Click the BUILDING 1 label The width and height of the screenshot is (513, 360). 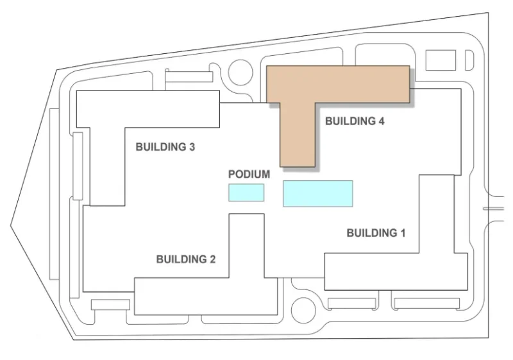pyautogui.click(x=376, y=233)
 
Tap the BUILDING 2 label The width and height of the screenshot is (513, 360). pyautogui.click(x=186, y=259)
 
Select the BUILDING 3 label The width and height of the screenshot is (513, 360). pyautogui.click(x=165, y=147)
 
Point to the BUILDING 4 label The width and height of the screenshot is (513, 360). pyautogui.click(x=355, y=121)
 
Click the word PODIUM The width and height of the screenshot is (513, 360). pyautogui.click(x=249, y=175)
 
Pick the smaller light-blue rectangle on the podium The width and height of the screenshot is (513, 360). pyautogui.click(x=246, y=193)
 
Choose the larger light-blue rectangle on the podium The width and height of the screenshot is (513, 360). pyautogui.click(x=318, y=193)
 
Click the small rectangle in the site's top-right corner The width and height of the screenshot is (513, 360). pyautogui.click(x=441, y=60)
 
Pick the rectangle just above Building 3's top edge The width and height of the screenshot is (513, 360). pyautogui.click(x=189, y=77)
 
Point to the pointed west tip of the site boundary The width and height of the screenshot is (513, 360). pyautogui.click(x=11, y=224)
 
